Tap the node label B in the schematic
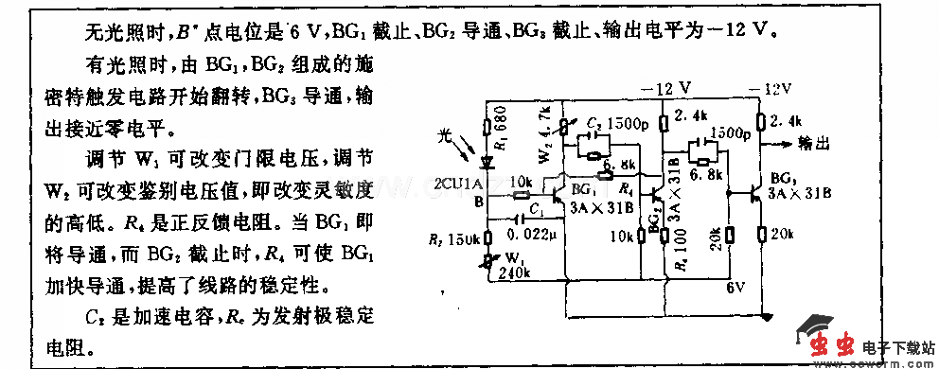tap(476, 201)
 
